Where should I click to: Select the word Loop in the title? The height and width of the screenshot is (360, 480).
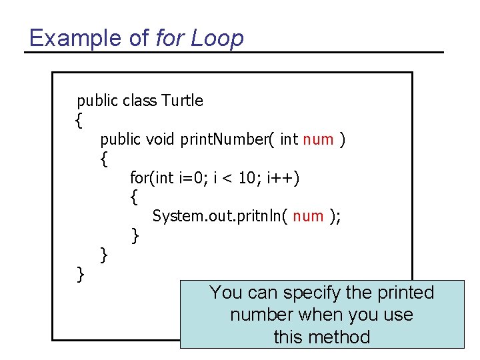coord(217,38)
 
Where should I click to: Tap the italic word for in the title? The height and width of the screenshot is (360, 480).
coord(170,38)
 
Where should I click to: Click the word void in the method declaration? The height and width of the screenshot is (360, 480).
coord(160,139)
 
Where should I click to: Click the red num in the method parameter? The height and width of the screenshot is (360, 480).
coord(318,139)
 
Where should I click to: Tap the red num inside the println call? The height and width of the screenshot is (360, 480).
coord(308,216)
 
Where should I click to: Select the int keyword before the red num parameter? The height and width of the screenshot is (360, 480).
coord(289,139)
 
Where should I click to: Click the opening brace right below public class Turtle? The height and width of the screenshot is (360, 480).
coord(79,121)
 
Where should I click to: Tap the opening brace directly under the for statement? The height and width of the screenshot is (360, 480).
coord(135,197)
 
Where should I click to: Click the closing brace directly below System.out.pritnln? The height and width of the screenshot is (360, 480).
coord(135,235)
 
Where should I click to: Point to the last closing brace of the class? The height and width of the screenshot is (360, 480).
coord(80,273)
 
